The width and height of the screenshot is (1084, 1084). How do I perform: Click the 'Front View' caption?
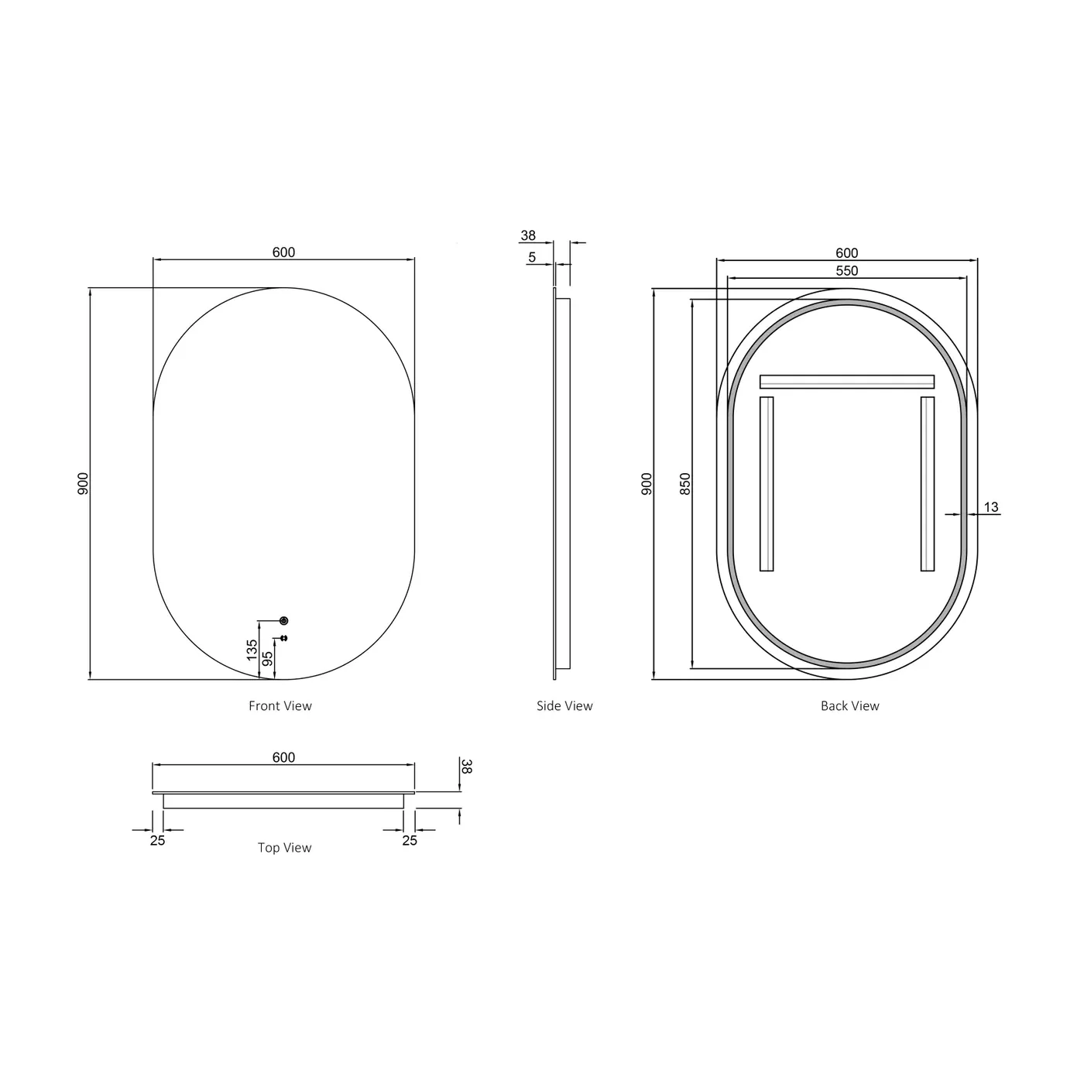(280, 706)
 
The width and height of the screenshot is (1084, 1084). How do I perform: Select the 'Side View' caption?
(564, 706)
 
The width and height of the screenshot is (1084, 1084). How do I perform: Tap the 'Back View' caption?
(849, 706)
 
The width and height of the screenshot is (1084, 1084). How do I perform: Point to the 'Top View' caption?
(284, 848)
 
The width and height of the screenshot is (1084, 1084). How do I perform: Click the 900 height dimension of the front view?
(84, 484)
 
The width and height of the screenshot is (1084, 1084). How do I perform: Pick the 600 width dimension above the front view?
(283, 252)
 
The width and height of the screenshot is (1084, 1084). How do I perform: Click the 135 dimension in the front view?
(252, 650)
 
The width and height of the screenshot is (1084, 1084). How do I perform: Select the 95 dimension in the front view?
(268, 659)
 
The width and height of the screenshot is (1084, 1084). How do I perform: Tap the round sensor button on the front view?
(283, 621)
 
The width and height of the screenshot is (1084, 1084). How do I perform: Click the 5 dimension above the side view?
(532, 257)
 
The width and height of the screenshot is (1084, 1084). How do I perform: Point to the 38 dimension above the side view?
(528, 235)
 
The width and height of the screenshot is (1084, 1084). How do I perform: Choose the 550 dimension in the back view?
(847, 271)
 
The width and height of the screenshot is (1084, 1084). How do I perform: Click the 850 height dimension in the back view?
(684, 484)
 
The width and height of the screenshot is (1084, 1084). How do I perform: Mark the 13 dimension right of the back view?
(991, 508)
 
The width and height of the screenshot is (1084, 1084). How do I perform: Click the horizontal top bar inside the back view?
(847, 382)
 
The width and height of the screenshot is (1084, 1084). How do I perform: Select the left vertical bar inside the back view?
(767, 484)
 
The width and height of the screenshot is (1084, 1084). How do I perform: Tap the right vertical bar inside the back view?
(928, 484)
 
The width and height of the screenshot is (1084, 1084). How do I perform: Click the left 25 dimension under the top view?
(157, 841)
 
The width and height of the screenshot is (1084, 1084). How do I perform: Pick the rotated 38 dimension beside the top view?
(467, 767)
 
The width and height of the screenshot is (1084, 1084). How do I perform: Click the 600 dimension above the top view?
(283, 757)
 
